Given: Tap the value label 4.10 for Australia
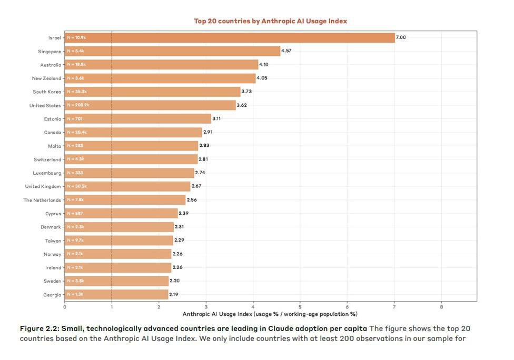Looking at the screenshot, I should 264,64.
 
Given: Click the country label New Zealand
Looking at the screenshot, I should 46,78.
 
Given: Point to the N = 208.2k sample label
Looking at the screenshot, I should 78,105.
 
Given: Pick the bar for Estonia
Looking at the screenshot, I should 137,119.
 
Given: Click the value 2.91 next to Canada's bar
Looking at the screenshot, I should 207,132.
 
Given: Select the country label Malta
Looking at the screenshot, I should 55,146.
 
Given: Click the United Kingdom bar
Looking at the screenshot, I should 127,186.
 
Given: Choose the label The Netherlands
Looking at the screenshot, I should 42,200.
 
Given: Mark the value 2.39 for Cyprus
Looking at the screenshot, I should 184,213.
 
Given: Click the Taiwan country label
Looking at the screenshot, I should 53,241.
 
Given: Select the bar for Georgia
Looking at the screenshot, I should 116,295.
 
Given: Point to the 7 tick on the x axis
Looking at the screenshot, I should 394,306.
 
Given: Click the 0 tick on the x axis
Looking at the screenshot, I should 65,306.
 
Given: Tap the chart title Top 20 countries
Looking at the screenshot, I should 270,21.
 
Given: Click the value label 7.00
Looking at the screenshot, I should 401,37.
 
